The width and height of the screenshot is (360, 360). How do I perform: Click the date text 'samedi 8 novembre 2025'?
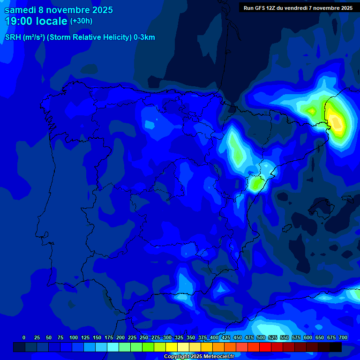point(59,10)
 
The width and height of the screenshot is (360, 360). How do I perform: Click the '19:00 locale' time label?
point(36,21)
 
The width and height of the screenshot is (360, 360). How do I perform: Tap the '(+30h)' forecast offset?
point(81,21)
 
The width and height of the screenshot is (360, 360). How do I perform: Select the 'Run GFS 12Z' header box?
point(298,7)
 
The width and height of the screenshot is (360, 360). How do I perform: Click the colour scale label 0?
point(24,337)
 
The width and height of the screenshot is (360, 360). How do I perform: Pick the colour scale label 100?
point(74,337)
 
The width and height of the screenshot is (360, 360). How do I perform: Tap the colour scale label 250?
point(144,337)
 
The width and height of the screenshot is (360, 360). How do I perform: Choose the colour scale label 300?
point(167,337)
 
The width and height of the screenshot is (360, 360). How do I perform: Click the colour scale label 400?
point(214,337)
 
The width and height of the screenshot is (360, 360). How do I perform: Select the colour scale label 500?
point(261,337)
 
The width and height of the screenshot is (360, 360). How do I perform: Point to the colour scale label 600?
point(308,337)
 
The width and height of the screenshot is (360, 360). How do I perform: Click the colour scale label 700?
point(343,337)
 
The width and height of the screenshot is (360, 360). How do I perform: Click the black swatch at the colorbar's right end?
point(336,347)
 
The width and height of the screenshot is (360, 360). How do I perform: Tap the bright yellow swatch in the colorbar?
point(172,347)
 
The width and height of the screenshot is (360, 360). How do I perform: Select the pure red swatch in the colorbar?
point(265,347)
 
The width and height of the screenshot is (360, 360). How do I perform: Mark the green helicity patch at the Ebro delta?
point(255,184)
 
